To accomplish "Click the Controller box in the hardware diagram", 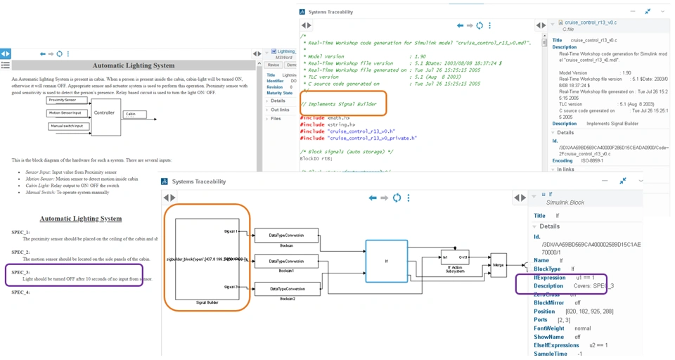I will click(104, 112).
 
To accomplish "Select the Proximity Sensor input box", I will click(65, 101).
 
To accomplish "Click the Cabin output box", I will click(138, 114).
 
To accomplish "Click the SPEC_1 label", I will click(21, 232).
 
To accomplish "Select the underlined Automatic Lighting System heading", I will click(80, 219).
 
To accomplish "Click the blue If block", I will click(386, 260).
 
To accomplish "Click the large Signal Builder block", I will click(199, 259).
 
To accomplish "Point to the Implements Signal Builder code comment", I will click(338, 104).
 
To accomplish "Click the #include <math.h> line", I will click(324, 117).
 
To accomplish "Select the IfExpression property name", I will click(550, 278).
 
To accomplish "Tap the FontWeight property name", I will click(549, 328).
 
